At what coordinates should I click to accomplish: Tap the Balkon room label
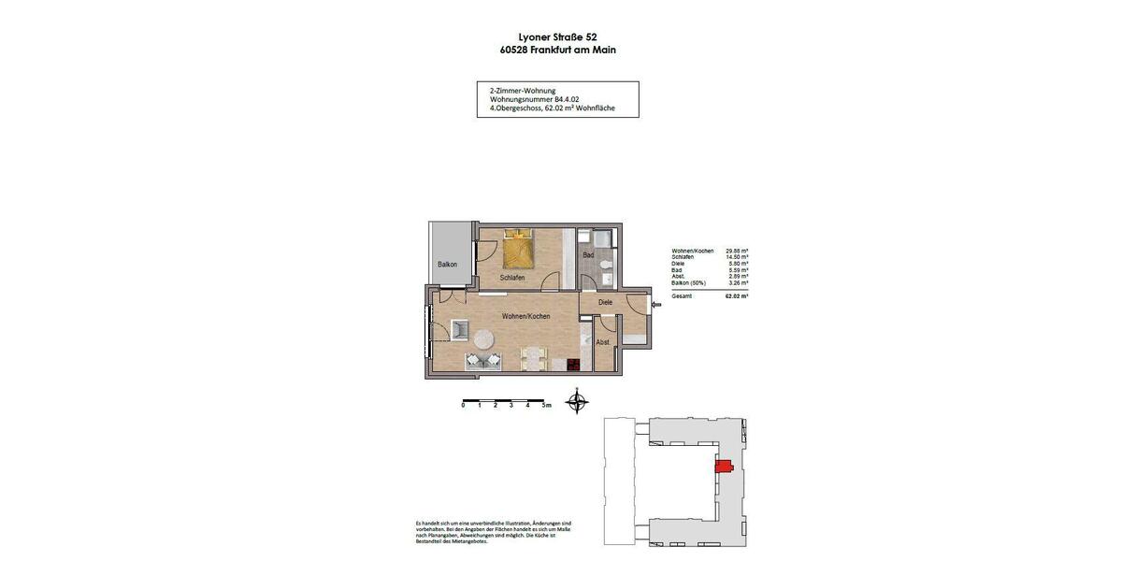point(448,265)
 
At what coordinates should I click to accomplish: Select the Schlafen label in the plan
point(512,278)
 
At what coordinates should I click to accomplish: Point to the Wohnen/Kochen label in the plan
point(525,316)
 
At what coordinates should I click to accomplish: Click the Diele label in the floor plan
point(605,302)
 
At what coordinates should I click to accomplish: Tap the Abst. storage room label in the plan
point(603,343)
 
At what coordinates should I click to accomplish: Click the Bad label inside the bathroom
point(588,254)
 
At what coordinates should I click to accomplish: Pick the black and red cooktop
point(574,366)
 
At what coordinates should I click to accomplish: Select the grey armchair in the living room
point(461,329)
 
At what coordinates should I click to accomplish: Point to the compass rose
point(578,404)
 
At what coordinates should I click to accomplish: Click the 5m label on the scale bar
point(547,406)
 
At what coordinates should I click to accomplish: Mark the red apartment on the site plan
point(723,467)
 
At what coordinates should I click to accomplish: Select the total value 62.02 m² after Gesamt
point(737,295)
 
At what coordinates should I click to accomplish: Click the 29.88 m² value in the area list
point(737,251)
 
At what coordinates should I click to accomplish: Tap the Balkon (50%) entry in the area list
point(689,282)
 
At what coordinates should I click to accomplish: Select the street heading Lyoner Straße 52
point(557,37)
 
